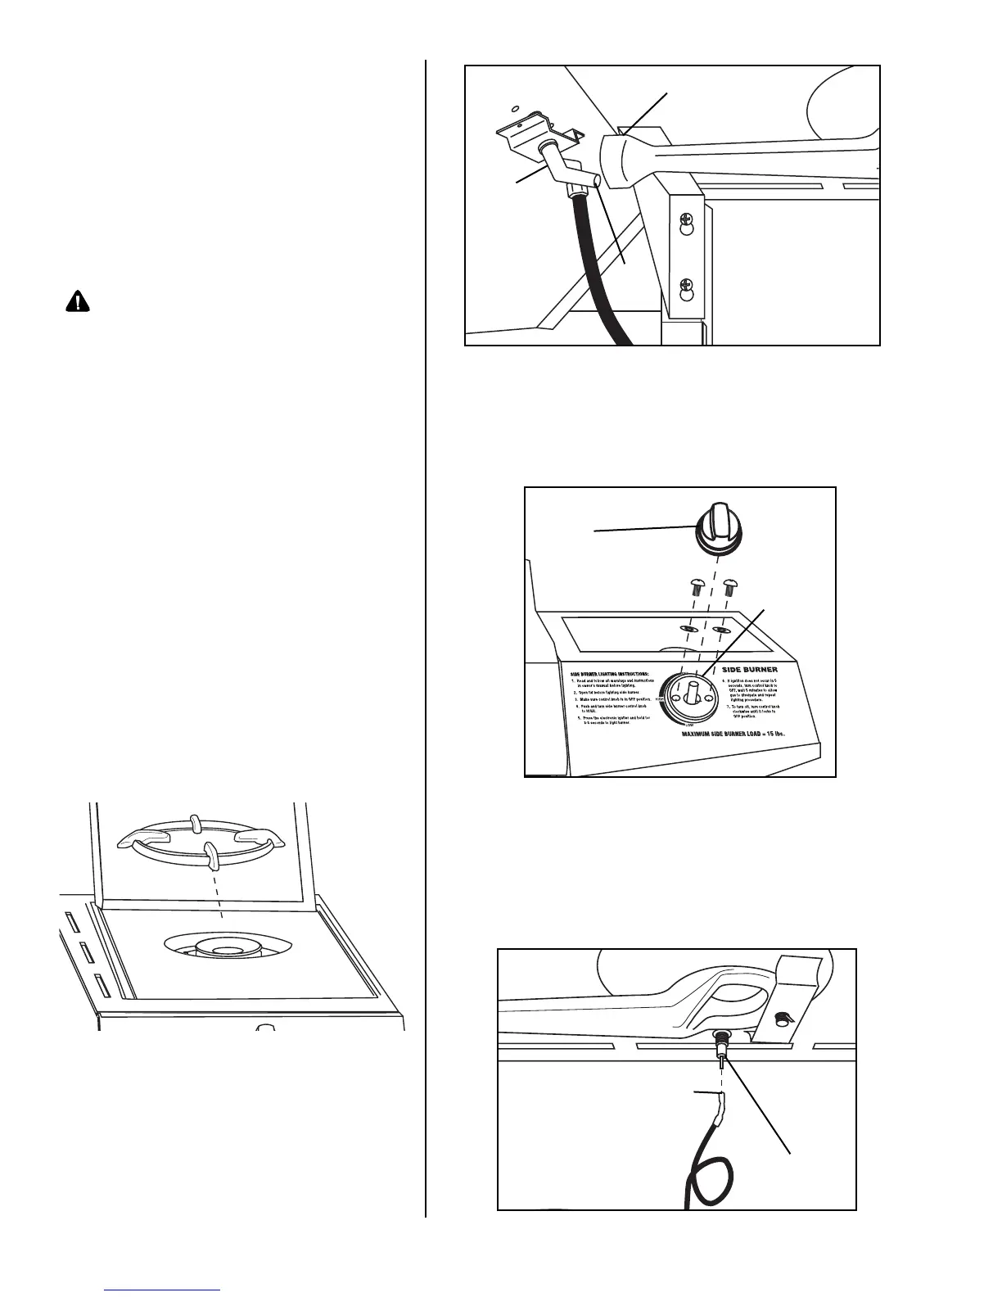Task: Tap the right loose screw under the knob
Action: [x=732, y=587]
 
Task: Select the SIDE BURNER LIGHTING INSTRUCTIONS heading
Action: [x=611, y=673]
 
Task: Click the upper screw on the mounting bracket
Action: [x=687, y=221]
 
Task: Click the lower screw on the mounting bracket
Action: [x=687, y=287]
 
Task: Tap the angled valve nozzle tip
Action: [x=596, y=180]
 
